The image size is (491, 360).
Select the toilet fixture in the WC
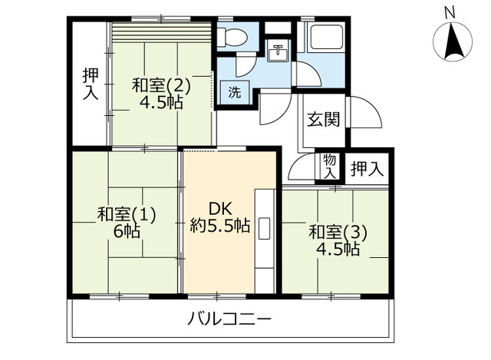230,37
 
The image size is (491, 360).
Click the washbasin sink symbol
277,54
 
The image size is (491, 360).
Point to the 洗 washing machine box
234,93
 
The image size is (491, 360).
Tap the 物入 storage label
329,166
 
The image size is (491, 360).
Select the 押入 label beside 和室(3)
366,169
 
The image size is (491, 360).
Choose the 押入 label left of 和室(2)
90,83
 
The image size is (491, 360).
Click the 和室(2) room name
160,84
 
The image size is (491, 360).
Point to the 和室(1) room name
127,214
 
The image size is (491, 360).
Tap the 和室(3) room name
338,231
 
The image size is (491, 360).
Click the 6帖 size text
127,230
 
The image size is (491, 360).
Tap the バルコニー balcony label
229,319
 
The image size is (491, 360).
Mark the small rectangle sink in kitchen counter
265,229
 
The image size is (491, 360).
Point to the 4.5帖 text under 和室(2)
161,102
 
